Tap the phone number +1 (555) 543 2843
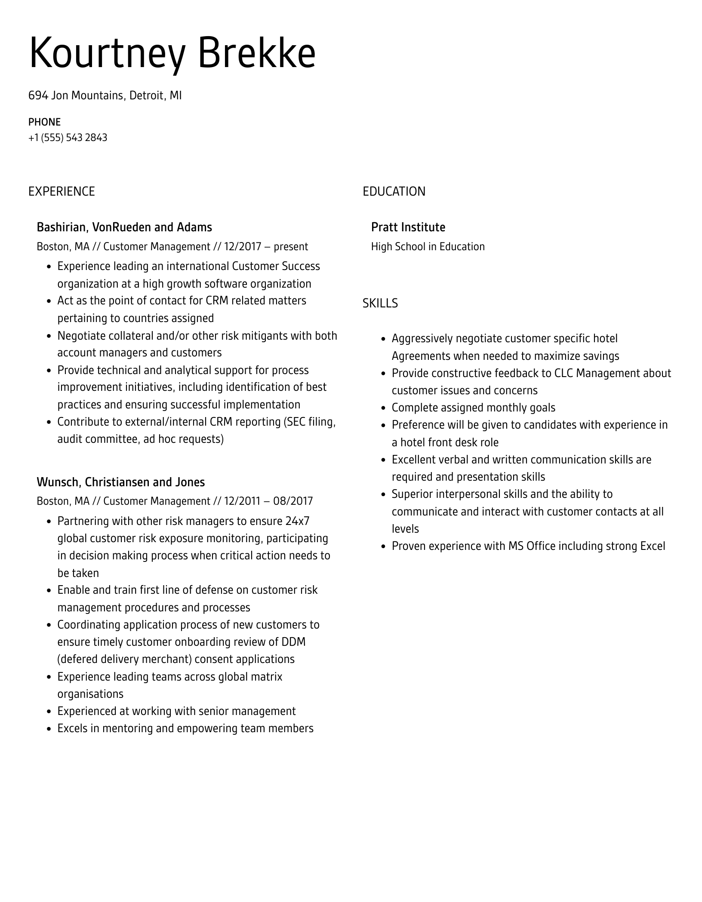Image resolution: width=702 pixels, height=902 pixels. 68,138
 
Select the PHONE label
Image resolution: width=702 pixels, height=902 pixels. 44,122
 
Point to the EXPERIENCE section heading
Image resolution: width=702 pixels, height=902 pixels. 62,191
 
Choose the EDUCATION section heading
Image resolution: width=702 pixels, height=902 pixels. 394,191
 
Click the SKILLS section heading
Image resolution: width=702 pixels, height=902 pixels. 380,304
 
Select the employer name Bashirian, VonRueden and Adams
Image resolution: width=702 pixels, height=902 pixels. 124,227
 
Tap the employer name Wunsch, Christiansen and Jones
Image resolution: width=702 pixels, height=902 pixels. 120,482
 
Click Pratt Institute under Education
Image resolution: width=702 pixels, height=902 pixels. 408,227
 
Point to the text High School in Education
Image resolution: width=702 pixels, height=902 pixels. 428,246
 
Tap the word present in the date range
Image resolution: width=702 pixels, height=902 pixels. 291,246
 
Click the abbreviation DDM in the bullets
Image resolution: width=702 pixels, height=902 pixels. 293,642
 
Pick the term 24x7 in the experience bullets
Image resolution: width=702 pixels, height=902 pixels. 297,521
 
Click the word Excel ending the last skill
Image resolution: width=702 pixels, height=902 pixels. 653,546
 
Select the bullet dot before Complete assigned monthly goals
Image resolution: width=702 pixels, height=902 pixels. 383,408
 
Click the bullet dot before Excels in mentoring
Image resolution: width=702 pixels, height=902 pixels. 49,729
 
